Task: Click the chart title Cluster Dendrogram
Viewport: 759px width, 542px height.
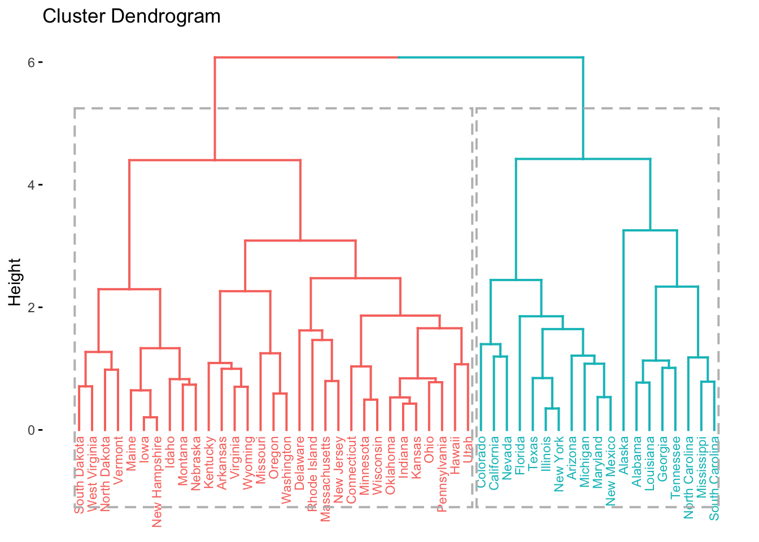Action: [132, 16]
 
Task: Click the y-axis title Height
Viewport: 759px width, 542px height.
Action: [15, 282]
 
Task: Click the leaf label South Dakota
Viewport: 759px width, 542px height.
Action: [80, 475]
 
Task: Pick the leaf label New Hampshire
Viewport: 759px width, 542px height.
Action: [157, 482]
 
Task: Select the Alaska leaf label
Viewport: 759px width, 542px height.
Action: [623, 454]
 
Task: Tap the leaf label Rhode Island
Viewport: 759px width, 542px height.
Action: [312, 474]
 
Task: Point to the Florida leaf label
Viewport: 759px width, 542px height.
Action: [520, 454]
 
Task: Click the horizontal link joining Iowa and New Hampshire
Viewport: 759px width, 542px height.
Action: [150, 417]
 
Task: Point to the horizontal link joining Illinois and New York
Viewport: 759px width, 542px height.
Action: [552, 408]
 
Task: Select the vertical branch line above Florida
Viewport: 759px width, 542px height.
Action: [520, 373]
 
